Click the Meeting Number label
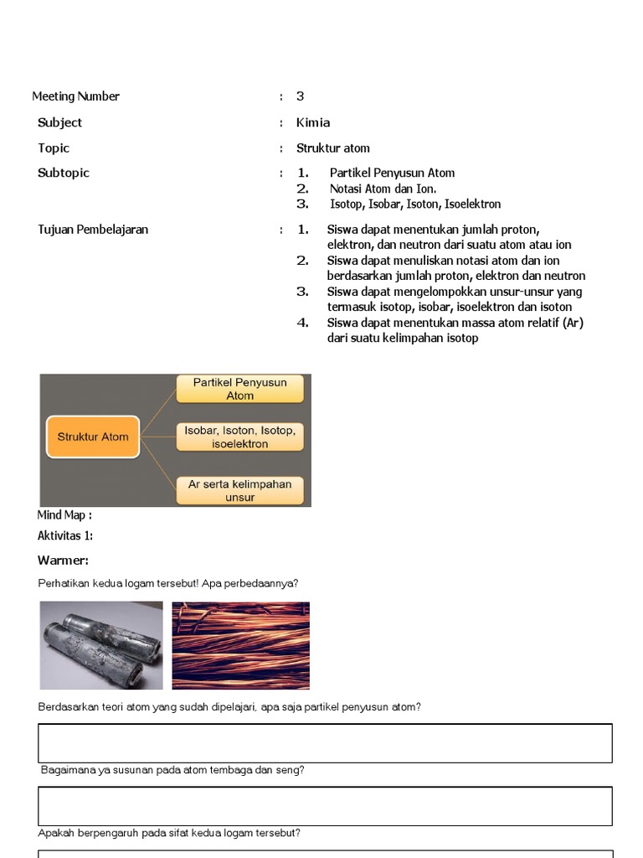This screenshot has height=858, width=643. click(75, 96)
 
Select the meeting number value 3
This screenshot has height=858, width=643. click(300, 96)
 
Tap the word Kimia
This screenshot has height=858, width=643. click(313, 122)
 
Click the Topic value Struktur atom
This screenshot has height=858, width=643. click(332, 148)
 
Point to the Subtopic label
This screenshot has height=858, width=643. click(63, 173)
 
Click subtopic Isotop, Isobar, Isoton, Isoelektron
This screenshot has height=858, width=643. click(415, 204)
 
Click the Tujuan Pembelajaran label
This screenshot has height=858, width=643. click(93, 230)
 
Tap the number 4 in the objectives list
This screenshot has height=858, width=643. click(302, 323)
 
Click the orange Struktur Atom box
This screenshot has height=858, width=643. click(92, 437)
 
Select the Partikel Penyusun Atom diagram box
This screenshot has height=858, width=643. click(239, 389)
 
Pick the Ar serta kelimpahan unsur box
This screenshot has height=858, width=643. click(239, 490)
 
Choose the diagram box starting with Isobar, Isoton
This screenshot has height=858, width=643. click(239, 437)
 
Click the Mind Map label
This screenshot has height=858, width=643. click(64, 515)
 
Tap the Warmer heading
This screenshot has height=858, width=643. click(63, 561)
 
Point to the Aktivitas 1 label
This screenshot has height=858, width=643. click(65, 536)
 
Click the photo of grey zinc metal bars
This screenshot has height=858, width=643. click(101, 645)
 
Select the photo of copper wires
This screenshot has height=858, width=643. click(240, 645)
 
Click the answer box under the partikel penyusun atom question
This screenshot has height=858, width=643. click(325, 743)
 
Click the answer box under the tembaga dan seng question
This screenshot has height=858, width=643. click(325, 806)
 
